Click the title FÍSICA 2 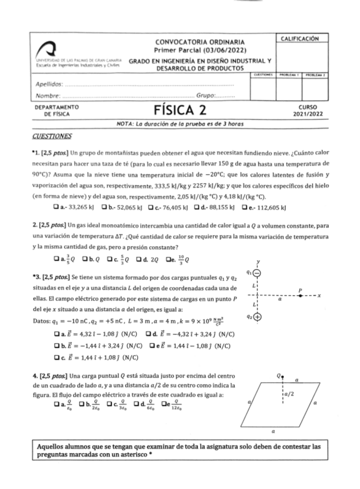(179, 110)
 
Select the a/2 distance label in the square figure (289, 394)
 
